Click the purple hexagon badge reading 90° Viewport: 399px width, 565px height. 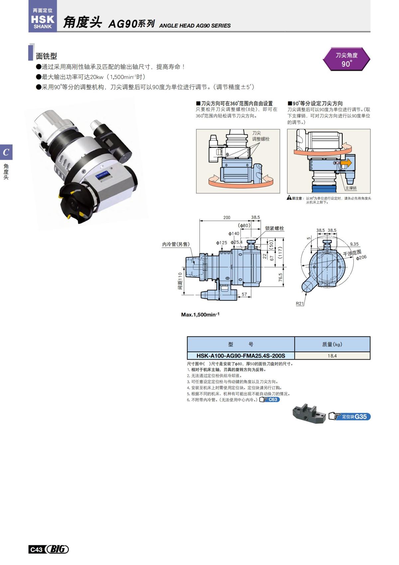[346, 59]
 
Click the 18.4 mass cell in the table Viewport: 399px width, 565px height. [332, 356]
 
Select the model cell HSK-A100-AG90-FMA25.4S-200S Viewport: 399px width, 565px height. [241, 356]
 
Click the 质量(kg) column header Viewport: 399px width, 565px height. [332, 344]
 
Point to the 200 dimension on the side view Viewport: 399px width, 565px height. [227, 217]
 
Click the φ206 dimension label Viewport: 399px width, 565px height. [361, 257]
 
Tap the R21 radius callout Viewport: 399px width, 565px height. [300, 303]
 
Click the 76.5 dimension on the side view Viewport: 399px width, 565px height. [281, 277]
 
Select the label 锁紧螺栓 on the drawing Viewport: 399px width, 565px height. [275, 228]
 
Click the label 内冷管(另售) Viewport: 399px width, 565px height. [176, 244]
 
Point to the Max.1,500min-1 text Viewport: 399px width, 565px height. [200, 314]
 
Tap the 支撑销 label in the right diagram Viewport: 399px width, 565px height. [350, 188]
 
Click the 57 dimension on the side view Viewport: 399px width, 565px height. [244, 294]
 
